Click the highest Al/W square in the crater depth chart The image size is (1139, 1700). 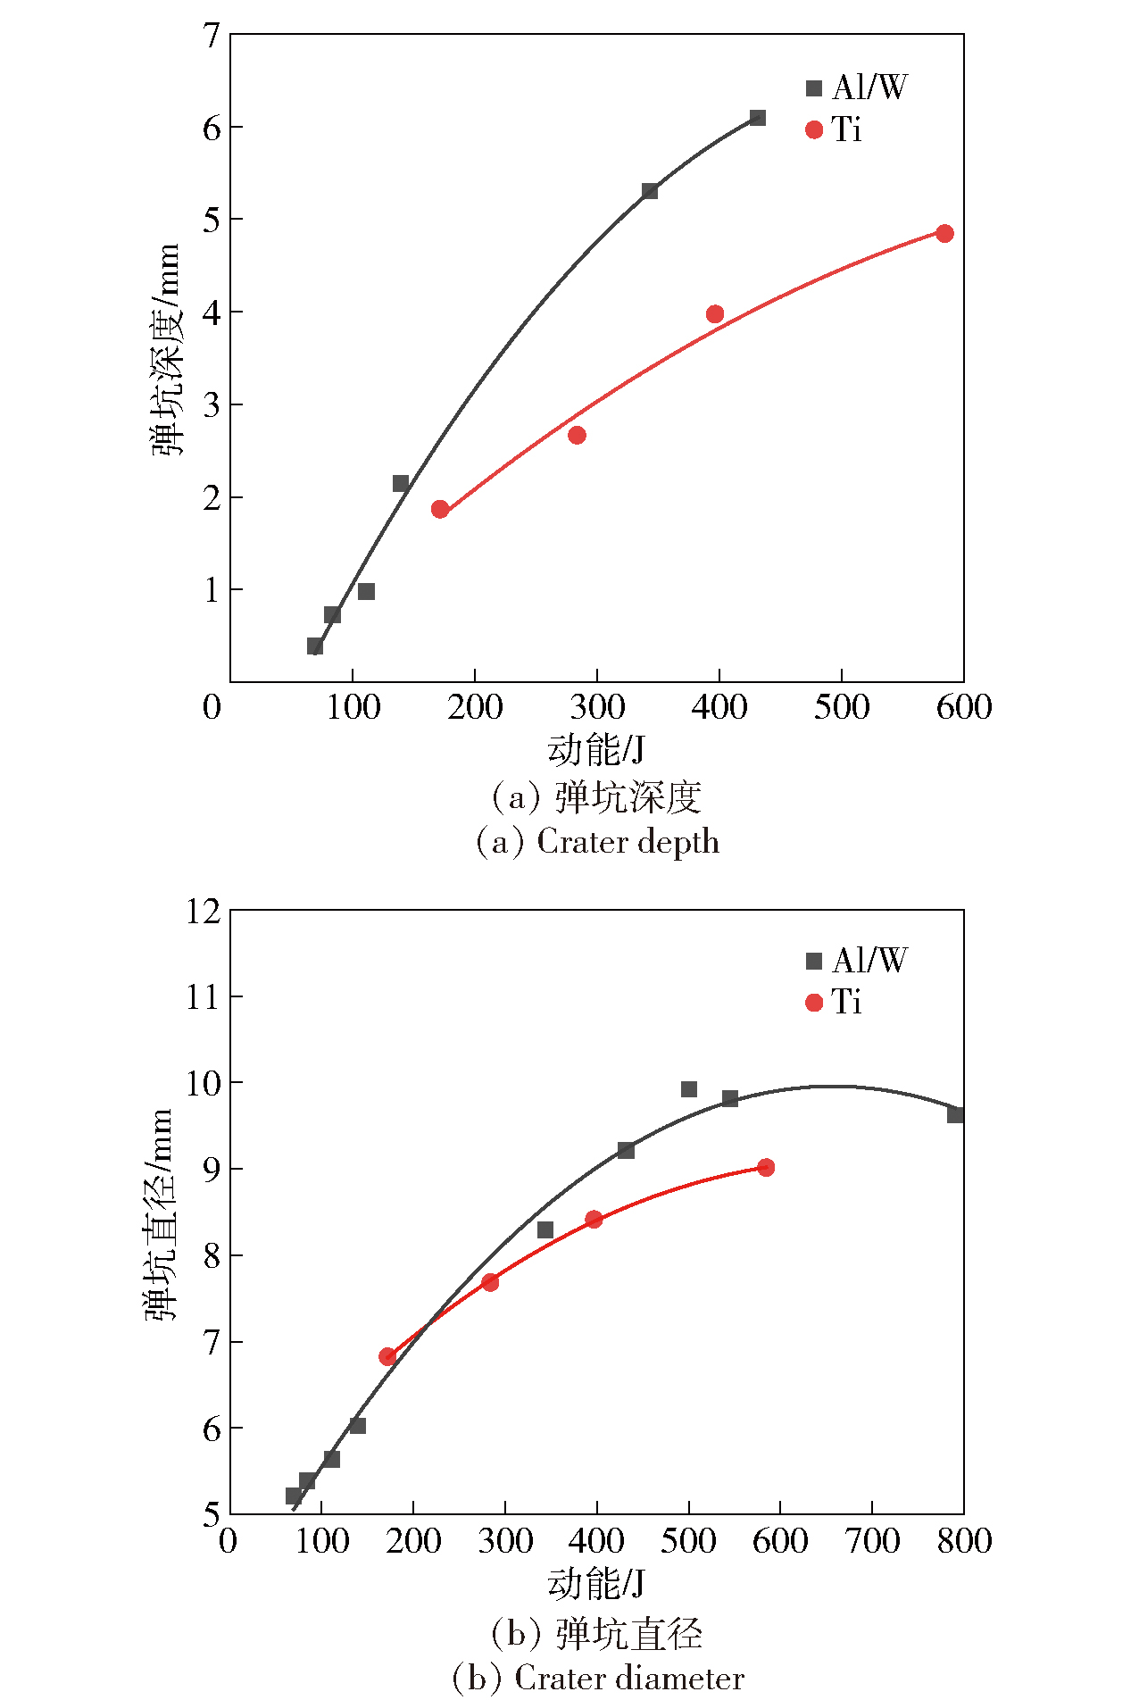[x=757, y=118]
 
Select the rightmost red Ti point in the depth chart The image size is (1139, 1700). [x=944, y=233]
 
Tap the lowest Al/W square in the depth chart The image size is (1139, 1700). [x=314, y=646]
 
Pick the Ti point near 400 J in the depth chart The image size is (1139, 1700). [x=714, y=313]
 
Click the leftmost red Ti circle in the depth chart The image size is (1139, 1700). [x=439, y=509]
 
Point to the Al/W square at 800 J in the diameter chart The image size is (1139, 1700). [x=955, y=1114]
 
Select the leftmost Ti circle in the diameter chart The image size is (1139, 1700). [x=387, y=1356]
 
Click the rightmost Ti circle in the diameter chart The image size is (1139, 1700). [x=766, y=1167]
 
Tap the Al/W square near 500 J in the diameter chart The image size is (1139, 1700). [x=688, y=1089]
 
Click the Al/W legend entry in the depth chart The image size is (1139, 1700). [x=857, y=87]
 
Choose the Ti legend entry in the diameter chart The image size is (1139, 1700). [x=834, y=1002]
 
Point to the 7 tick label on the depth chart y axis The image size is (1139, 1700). [x=212, y=36]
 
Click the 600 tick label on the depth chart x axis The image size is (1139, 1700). [x=964, y=707]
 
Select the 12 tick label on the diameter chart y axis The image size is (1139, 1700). [x=204, y=912]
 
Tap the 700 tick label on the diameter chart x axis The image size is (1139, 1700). [x=872, y=1540]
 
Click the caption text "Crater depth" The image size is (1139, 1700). [x=628, y=842]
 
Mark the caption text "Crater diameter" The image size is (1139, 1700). [x=629, y=1679]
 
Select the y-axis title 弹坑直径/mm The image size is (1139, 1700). [x=161, y=1214]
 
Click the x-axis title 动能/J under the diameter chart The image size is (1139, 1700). [x=596, y=1583]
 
